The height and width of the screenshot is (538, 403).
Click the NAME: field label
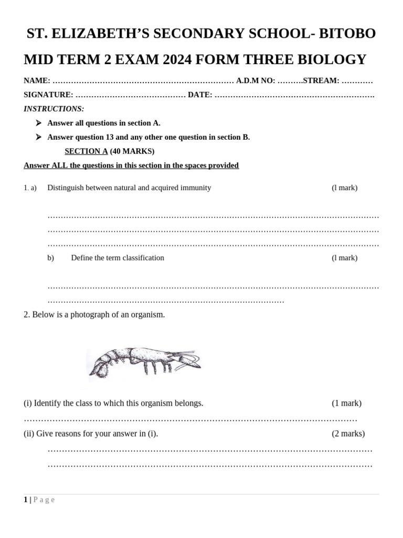coord(37,81)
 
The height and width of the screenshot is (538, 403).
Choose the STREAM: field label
coord(321,81)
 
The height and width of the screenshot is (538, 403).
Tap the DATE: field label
coord(200,95)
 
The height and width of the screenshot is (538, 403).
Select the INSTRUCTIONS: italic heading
coord(54,109)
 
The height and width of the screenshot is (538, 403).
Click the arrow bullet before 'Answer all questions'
coord(38,123)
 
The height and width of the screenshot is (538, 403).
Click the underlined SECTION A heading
coord(86,151)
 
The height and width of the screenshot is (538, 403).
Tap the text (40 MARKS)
coord(132,151)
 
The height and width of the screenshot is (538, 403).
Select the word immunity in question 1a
coord(195,188)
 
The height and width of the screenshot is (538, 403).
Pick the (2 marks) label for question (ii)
coord(348,433)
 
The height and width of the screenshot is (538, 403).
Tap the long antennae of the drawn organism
coord(189,359)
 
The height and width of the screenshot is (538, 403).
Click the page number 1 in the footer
coord(25,500)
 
